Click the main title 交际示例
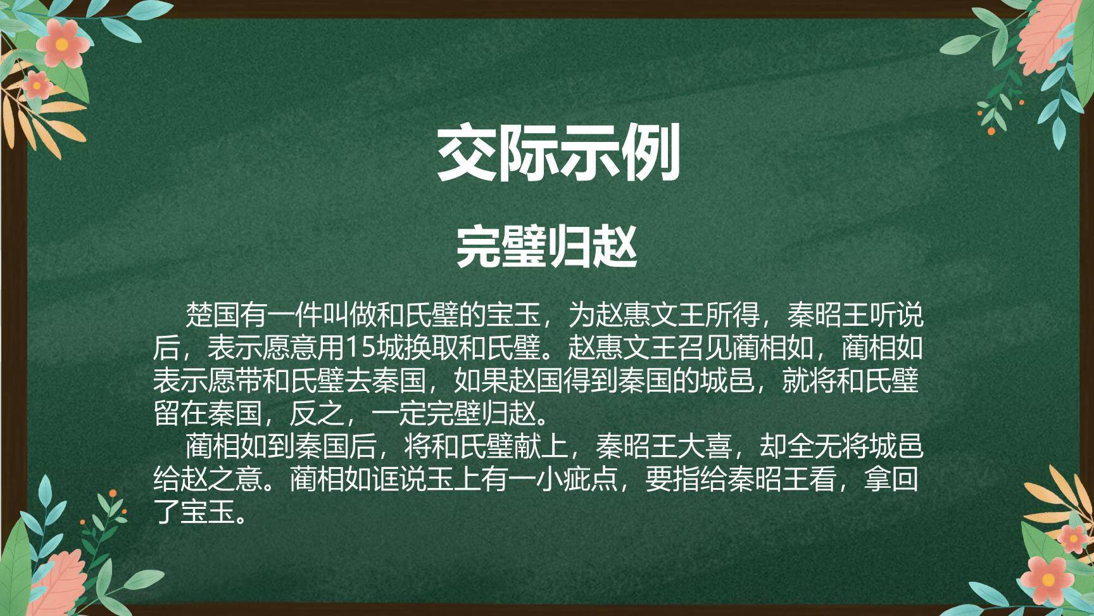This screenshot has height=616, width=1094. (558, 153)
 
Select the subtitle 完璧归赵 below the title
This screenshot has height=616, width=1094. (546, 247)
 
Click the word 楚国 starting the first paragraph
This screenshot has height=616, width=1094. (212, 314)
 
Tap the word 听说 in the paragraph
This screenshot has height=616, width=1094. (896, 314)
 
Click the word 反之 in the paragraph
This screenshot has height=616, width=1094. (317, 414)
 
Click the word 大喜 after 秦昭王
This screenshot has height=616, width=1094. (705, 447)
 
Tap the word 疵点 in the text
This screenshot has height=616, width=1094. (591, 480)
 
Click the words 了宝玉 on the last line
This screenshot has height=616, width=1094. (194, 513)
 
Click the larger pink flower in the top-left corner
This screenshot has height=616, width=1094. (61, 44)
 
